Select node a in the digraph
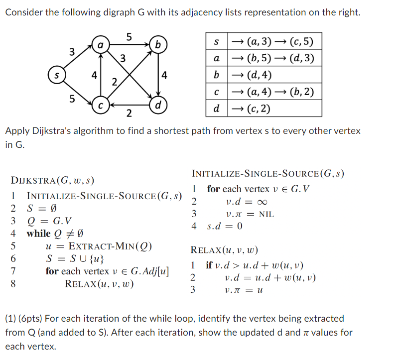pos(100,45)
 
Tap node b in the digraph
pos(158,45)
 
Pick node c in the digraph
pos(100,106)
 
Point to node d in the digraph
pos(158,106)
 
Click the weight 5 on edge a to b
pos(129,37)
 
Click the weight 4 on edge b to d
pos(165,76)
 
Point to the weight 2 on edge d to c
pos(129,115)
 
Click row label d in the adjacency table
pos(216,109)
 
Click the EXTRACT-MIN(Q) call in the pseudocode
pos(110,246)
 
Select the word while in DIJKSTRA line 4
pos(38,234)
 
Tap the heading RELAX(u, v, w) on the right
pos(224,250)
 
